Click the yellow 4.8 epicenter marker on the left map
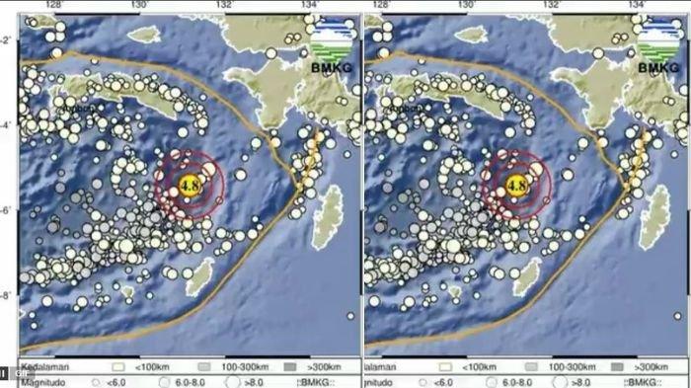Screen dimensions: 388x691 [x=189, y=183]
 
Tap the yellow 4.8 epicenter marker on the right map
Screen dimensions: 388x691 [x=515, y=183]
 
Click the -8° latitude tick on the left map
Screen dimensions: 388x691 [x=8, y=294]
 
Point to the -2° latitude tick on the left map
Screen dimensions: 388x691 [x=8, y=39]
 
